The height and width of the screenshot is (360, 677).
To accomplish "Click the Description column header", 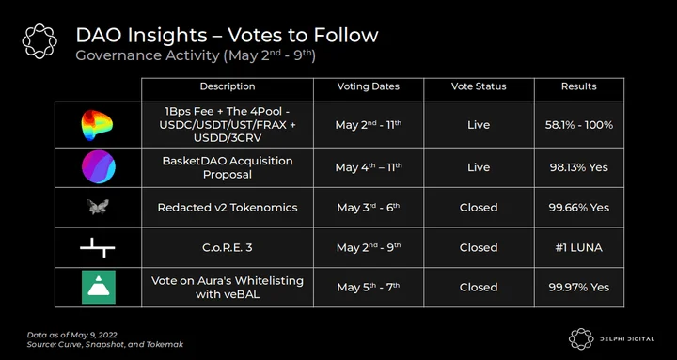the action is coord(228,86).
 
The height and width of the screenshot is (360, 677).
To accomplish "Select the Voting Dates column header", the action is coord(369,86).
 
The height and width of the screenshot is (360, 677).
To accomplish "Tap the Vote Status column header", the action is coord(479,86).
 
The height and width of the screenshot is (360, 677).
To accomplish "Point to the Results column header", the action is coord(578,86).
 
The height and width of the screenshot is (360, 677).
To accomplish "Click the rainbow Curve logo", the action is coord(97,125).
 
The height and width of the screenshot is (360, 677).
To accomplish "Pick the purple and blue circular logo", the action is coord(99,166).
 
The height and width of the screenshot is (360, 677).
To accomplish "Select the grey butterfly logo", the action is coord(98,207).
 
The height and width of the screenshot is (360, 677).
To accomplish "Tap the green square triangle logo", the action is coord(99,287).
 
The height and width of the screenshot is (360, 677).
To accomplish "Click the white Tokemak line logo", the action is coord(98,247).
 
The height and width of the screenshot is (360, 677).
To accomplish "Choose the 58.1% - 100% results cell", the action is coord(578,125).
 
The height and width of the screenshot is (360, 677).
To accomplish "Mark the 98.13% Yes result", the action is coord(578,167).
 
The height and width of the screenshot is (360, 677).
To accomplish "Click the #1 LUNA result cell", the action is coord(578,248).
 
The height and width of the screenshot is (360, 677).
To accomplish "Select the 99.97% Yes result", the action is coord(578,288).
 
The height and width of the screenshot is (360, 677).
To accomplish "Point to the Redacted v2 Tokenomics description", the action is coord(228,208).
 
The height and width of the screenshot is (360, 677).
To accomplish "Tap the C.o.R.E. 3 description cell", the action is coord(228,248).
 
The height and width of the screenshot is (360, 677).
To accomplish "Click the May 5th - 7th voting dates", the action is coord(369,287).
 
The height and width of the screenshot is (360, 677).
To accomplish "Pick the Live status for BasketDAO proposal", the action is coord(479,167).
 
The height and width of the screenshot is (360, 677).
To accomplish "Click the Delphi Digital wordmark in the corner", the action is coord(627,338).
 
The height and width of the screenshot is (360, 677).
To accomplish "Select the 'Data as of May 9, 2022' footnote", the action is coord(72,335).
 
